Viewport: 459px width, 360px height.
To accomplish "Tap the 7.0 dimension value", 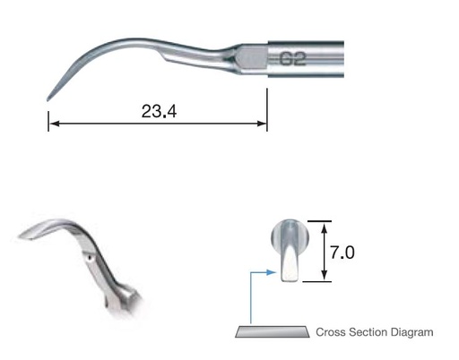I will point(342,253).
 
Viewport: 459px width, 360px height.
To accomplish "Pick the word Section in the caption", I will point(368,333).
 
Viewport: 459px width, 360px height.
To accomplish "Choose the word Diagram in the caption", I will point(412,333).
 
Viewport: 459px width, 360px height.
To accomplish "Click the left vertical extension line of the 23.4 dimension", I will point(49,116).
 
